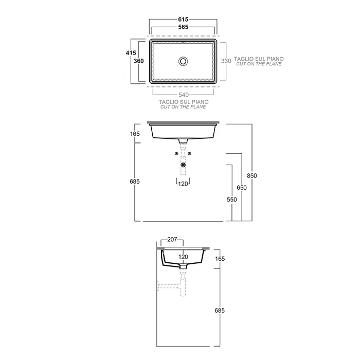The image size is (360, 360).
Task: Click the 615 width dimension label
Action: (183, 20)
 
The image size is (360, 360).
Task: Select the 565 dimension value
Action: (183, 27)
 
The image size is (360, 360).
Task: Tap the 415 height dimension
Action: (131, 53)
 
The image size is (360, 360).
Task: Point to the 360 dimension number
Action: (139, 61)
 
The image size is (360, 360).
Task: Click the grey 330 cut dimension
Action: (226, 61)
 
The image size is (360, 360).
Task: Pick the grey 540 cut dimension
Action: (184, 95)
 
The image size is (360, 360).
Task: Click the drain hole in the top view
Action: (183, 61)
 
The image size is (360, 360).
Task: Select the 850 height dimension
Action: (252, 176)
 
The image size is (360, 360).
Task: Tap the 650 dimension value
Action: (242, 188)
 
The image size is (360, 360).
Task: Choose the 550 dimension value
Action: (232, 200)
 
